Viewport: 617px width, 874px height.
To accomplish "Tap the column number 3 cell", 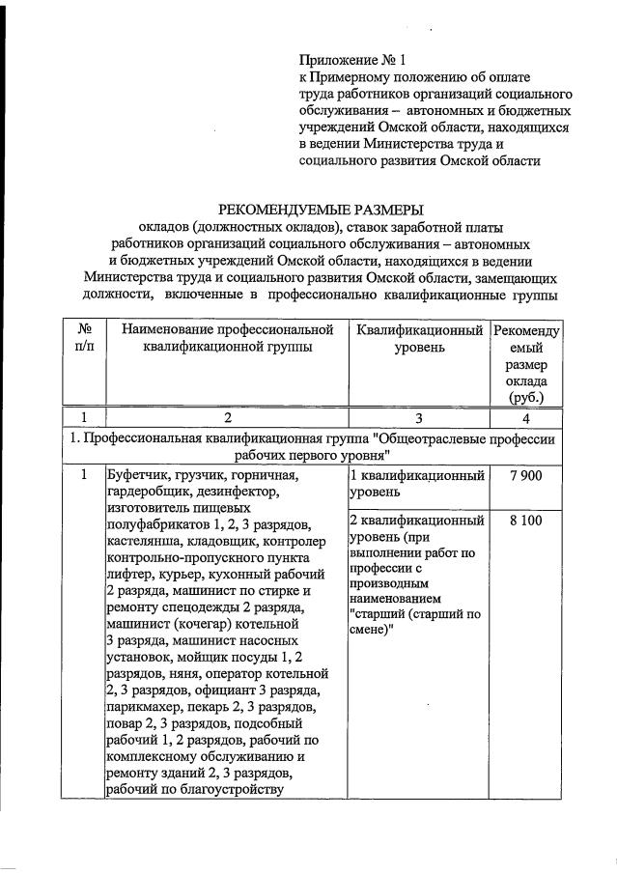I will coord(418,417).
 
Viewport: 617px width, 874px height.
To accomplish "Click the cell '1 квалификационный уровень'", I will coord(416,483).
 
